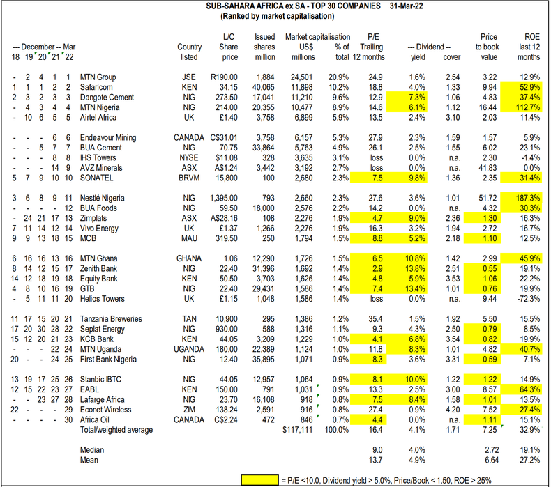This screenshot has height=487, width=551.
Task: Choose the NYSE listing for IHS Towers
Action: tap(189, 158)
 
